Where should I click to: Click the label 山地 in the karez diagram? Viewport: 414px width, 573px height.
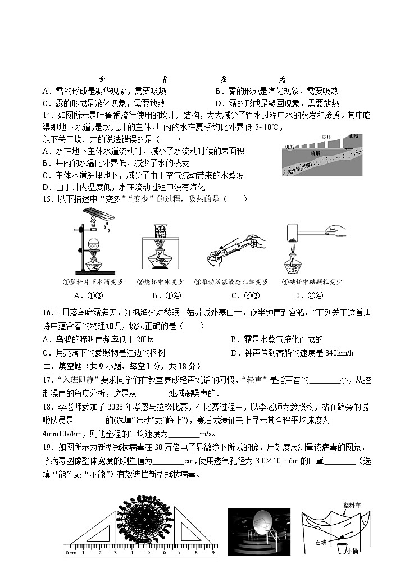click(x=353, y=136)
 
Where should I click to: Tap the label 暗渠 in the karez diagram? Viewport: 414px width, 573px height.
click(x=316, y=152)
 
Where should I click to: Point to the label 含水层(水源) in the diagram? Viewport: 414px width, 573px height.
click(x=299, y=169)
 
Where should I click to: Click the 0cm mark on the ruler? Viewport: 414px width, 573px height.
click(x=71, y=553)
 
